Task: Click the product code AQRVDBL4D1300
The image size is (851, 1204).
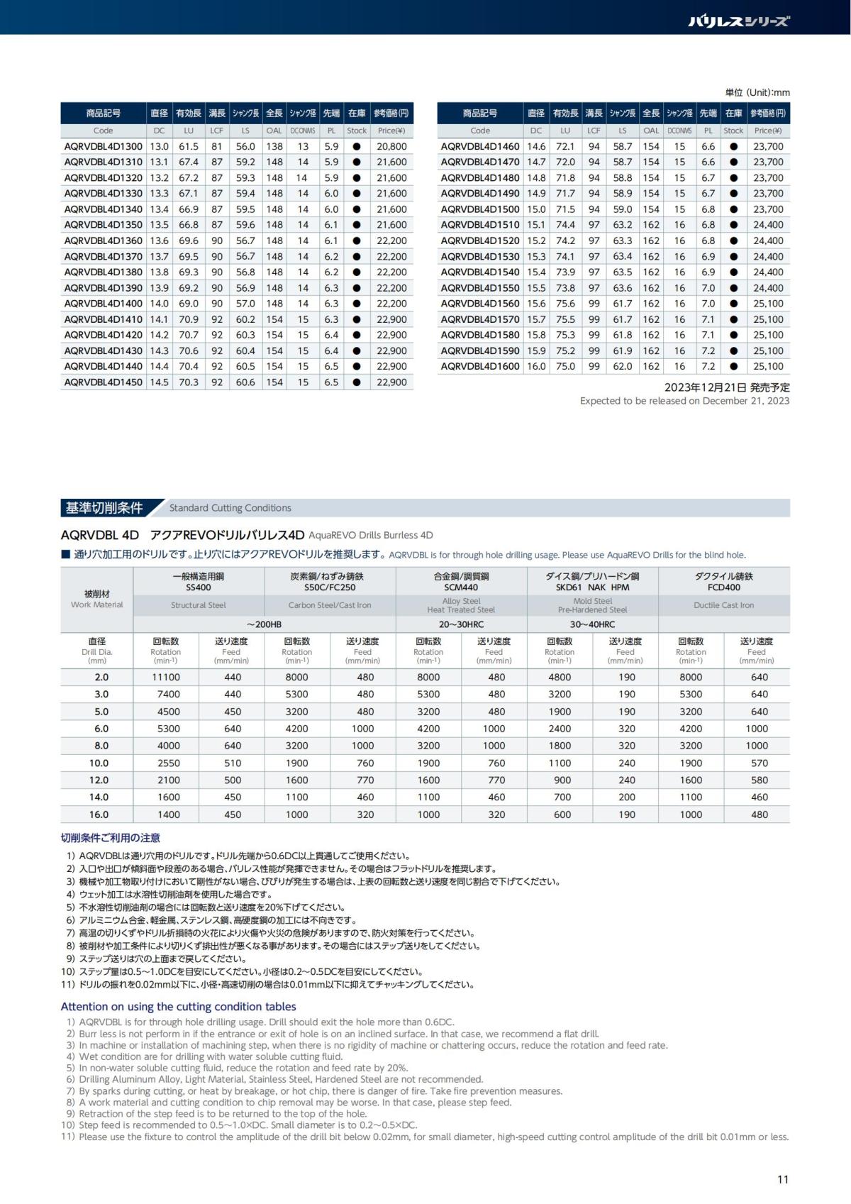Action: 104,146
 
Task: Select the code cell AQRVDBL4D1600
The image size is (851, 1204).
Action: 480,366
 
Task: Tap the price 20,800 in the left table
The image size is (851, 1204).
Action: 392,146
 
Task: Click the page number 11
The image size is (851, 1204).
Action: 783,1180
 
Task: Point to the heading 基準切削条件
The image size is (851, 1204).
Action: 104,508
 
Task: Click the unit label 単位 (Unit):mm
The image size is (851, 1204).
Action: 757,92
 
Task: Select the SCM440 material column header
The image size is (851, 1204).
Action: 461,587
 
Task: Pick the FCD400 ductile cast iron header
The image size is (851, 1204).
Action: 723,587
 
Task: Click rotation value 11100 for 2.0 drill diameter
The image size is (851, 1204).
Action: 166,677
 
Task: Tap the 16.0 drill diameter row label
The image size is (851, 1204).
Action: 101,814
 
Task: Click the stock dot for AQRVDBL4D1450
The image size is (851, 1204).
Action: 357,382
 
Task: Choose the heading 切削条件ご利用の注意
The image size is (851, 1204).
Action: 111,838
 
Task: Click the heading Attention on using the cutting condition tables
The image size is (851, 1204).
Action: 179,1006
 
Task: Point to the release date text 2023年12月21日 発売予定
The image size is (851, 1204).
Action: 727,387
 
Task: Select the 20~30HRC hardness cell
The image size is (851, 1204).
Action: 461,624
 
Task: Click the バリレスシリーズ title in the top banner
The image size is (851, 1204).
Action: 739,21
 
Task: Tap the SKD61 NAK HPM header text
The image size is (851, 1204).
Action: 592,587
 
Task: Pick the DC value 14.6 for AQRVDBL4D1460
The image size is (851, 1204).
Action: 536,146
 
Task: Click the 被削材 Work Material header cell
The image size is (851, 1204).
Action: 97,599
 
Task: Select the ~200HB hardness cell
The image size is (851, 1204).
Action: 264,624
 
